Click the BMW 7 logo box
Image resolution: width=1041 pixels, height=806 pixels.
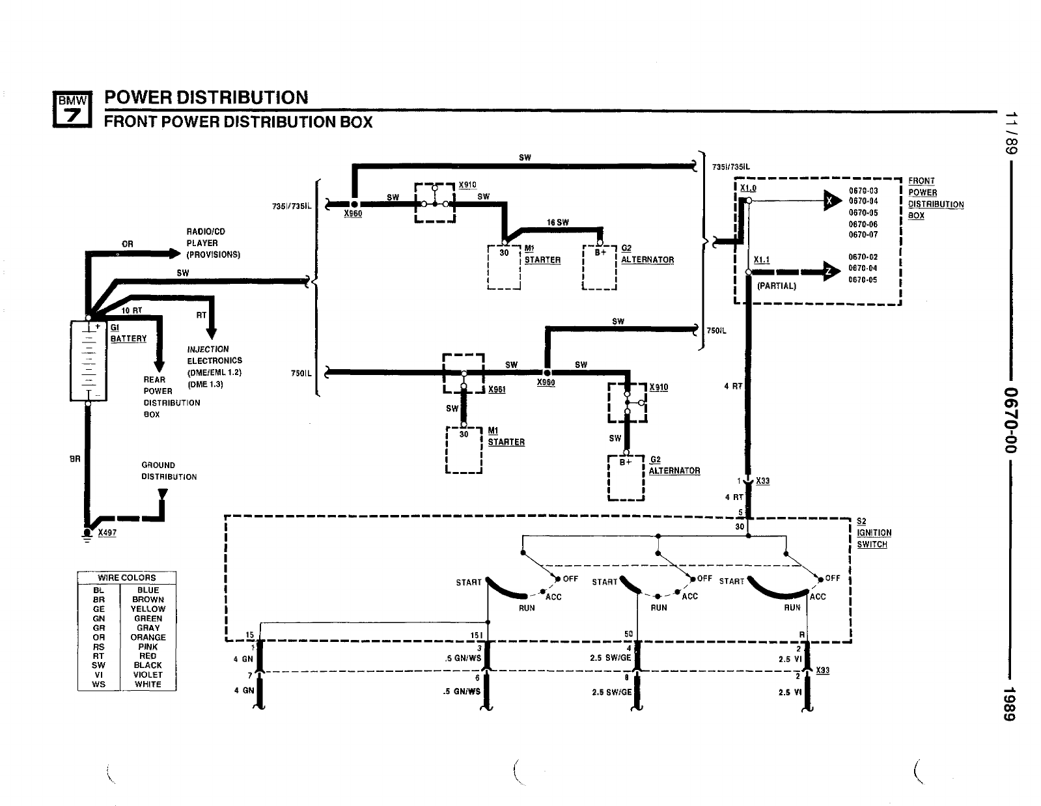click(72, 109)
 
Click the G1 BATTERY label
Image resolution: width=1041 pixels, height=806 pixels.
click(128, 333)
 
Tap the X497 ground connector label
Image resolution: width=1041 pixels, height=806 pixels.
click(107, 533)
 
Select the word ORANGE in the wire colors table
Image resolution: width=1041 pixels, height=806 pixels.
click(148, 637)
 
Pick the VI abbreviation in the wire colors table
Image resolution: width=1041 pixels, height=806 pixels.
click(99, 675)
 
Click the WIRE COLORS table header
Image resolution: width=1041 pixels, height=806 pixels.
click(127, 577)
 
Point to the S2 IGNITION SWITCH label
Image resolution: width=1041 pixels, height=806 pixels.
click(874, 533)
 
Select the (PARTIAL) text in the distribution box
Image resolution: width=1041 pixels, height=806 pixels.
click(776, 286)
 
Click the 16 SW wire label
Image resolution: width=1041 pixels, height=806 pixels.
click(557, 223)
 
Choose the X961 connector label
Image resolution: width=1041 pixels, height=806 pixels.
click(497, 389)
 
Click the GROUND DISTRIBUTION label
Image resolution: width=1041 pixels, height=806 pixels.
click(169, 471)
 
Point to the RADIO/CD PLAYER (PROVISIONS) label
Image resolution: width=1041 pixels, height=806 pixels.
click(213, 243)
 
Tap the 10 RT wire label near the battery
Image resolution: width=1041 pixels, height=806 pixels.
click(132, 311)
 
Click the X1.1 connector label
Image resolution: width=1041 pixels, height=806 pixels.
click(761, 260)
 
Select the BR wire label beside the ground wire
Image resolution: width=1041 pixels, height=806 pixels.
click(75, 459)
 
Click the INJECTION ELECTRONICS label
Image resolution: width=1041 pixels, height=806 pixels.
click(214, 367)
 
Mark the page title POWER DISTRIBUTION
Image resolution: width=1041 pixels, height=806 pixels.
click(206, 98)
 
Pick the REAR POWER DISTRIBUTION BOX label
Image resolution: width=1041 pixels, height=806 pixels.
click(171, 396)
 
